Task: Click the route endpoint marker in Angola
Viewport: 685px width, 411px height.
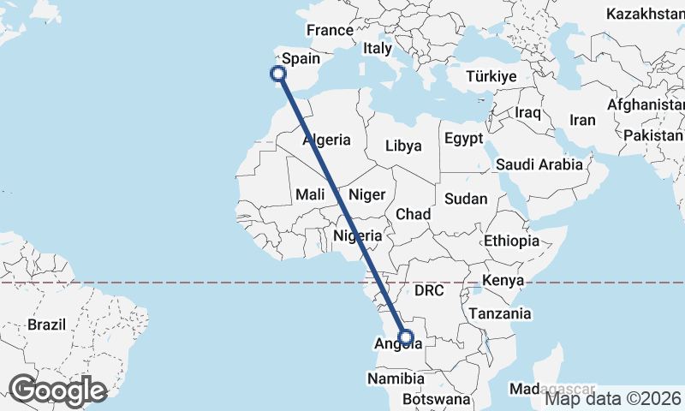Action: (x=406, y=337)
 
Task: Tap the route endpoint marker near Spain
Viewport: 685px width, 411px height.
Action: (x=277, y=74)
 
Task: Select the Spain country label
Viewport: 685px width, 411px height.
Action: (x=301, y=59)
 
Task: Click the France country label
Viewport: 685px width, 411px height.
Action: (x=330, y=30)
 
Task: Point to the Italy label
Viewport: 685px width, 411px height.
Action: (x=378, y=49)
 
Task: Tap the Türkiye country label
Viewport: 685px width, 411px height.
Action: (x=491, y=76)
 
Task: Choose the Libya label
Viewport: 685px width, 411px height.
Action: (x=403, y=146)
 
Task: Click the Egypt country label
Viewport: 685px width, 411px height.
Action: (x=463, y=138)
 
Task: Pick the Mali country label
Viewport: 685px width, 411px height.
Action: (x=310, y=195)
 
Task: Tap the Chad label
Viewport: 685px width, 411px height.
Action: (x=413, y=213)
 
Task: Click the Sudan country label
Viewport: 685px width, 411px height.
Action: (x=466, y=199)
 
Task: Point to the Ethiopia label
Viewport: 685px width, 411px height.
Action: (x=511, y=241)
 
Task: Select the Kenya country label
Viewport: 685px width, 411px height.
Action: (x=503, y=280)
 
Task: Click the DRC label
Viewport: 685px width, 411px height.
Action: (x=429, y=290)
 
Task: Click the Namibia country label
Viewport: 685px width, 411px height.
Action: (x=395, y=378)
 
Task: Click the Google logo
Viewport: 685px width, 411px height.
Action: (x=57, y=390)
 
